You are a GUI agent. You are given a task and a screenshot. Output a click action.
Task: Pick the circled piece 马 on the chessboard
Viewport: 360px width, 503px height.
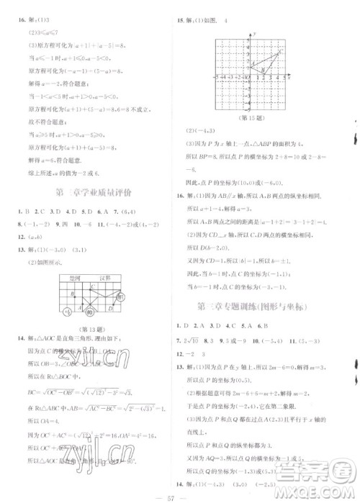(x=121, y=297)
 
